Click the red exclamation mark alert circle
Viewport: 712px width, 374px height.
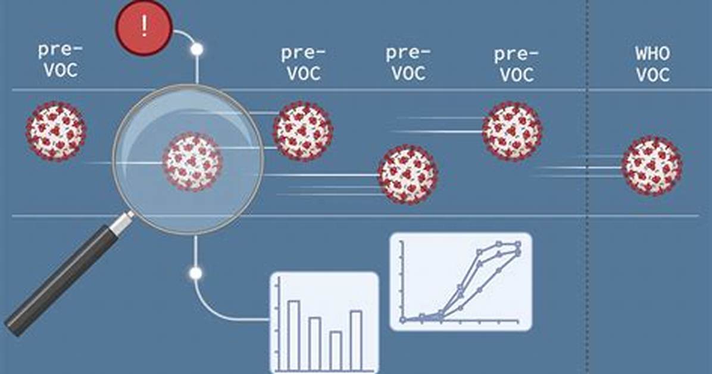click(x=145, y=27)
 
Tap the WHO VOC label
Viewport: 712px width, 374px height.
click(x=652, y=64)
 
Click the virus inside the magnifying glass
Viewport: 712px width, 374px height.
click(x=192, y=161)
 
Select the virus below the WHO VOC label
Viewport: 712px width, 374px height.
click(x=652, y=166)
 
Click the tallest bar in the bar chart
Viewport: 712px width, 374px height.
click(x=294, y=335)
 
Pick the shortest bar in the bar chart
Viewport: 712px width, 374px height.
click(x=336, y=351)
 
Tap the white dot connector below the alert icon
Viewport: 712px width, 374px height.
click(x=196, y=49)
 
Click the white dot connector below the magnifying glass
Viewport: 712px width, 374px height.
click(x=196, y=273)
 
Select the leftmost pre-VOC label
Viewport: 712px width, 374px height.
click(x=60, y=60)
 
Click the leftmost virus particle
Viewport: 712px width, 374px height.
click(x=56, y=132)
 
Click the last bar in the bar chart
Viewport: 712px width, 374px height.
click(x=357, y=341)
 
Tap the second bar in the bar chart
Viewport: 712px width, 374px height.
click(x=315, y=344)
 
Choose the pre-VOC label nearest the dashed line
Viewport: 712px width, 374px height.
click(x=516, y=64)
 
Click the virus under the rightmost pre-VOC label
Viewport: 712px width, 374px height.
click(x=512, y=132)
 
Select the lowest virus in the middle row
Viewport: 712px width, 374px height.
click(x=408, y=174)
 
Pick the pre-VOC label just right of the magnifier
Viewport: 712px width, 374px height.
click(x=304, y=63)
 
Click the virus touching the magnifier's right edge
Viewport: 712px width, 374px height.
click(x=303, y=132)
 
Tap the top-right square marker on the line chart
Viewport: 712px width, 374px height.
click(x=518, y=245)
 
